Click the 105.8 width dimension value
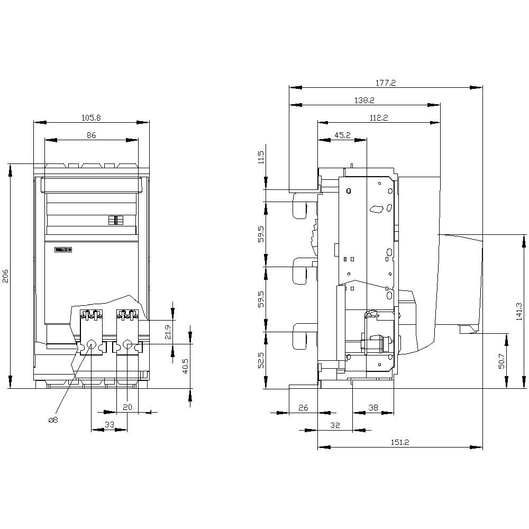91,118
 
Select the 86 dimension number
91,135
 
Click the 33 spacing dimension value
109,424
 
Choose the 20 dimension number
127,407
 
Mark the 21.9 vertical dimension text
168,331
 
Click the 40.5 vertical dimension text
186,366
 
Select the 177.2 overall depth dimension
386,83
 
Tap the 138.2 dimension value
364,100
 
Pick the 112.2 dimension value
378,118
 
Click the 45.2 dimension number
342,135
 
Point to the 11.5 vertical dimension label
260,158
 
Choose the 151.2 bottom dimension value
399,443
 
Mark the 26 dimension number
303,407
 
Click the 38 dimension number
373,407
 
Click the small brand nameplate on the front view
63,249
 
